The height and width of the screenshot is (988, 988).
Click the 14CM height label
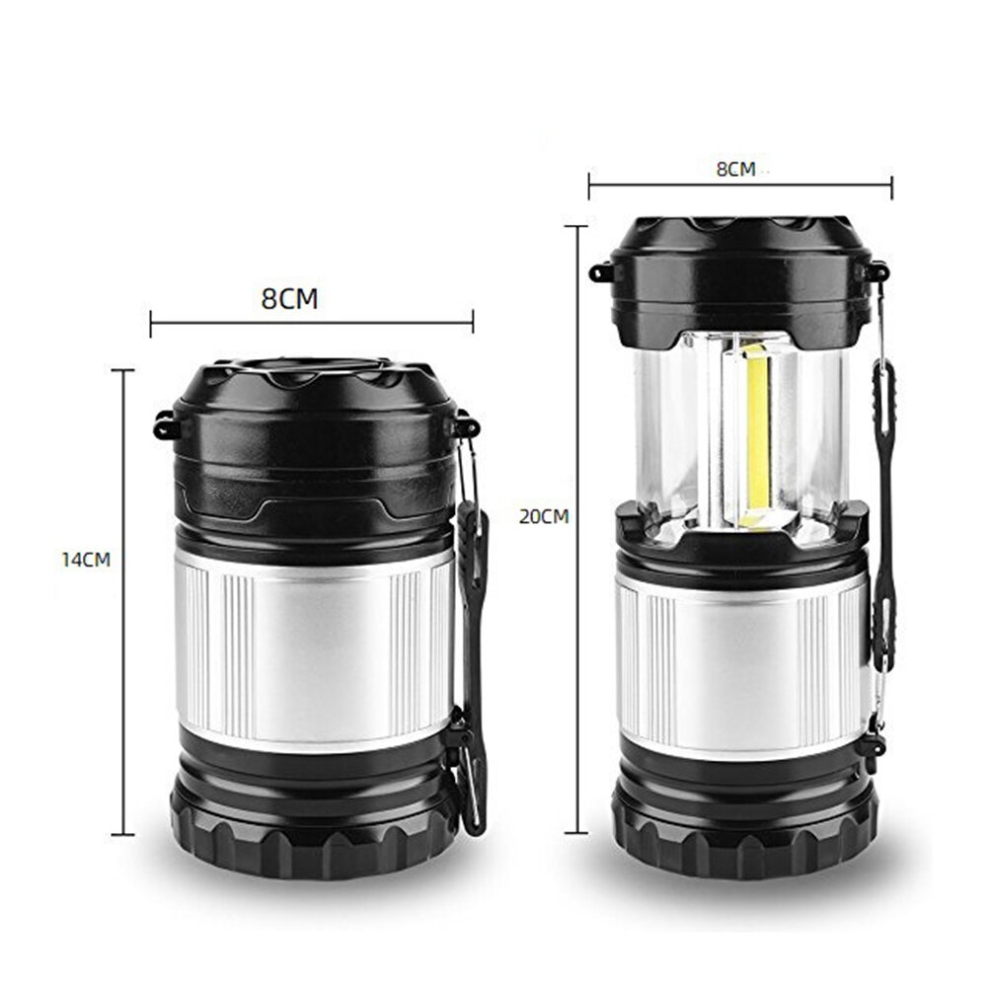[86, 560]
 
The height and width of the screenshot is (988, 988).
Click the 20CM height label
[544, 516]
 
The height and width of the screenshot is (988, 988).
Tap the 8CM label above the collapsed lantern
[290, 299]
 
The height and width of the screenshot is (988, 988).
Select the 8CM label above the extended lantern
[735, 169]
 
